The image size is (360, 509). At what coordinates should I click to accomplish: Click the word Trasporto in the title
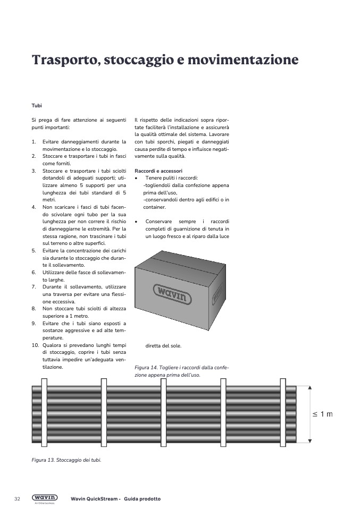(x=64, y=60)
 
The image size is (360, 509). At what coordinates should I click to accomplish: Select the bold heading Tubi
(x=36, y=106)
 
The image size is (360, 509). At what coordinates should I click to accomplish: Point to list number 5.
(x=34, y=250)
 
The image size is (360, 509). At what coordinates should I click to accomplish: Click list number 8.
(x=34, y=308)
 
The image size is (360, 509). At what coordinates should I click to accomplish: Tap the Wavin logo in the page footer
(x=45, y=498)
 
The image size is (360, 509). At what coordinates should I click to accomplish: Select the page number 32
(x=17, y=499)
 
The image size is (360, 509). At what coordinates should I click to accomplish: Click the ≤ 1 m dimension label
(x=322, y=414)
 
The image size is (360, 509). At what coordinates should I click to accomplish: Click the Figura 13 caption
(x=66, y=460)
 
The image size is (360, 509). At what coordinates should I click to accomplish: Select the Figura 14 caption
(x=181, y=371)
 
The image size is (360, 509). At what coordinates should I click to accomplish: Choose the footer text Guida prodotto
(x=143, y=499)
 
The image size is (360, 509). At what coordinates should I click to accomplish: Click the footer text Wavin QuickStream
(x=94, y=499)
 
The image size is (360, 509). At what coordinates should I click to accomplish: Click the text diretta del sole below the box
(x=163, y=346)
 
